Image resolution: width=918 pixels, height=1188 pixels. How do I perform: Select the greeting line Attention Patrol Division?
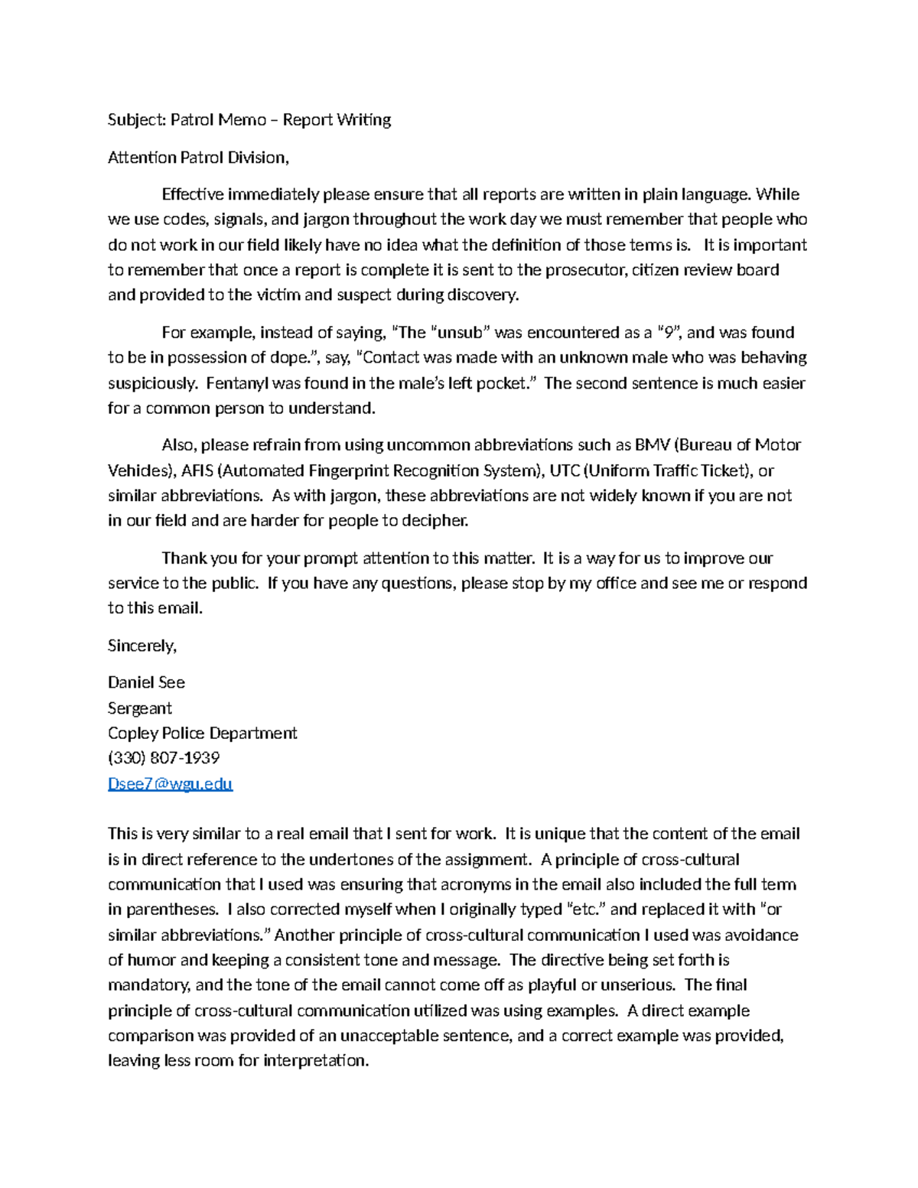coord(198,158)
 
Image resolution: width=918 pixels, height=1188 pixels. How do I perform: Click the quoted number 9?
coord(669,333)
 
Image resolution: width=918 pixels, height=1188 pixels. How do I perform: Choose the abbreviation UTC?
coord(565,470)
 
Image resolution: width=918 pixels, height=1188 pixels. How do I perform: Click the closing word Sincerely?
coord(142,646)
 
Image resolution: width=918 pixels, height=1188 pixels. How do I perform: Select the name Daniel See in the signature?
coord(146,682)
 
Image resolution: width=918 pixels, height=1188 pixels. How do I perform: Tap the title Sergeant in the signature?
coord(140,708)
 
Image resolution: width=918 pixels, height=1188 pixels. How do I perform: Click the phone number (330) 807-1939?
coord(164,758)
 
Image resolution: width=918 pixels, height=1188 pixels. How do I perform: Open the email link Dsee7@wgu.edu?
coord(170,784)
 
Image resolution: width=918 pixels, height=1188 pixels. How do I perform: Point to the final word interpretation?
coord(315,1061)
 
